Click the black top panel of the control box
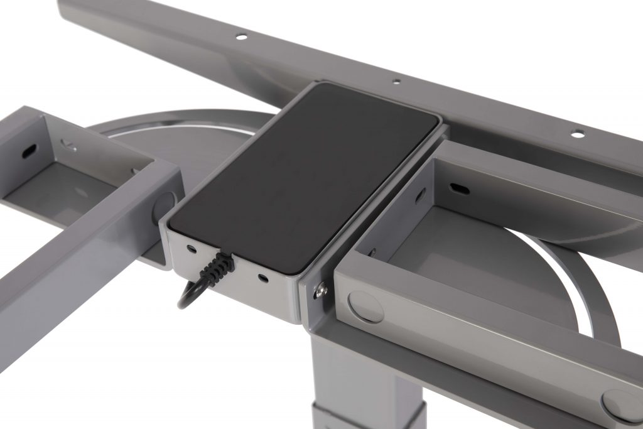pyautogui.click(x=301, y=176)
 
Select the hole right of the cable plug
pyautogui.click(x=262, y=276)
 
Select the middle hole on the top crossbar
pyautogui.click(x=396, y=81)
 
